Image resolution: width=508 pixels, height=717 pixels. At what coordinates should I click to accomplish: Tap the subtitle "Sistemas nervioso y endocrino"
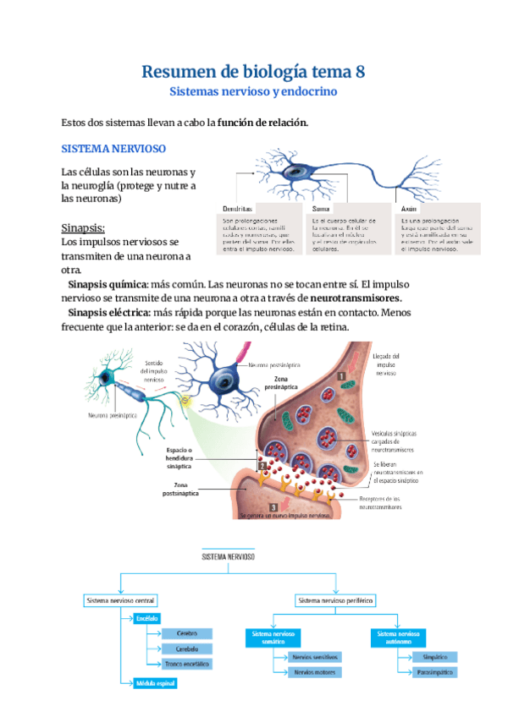coord(253,90)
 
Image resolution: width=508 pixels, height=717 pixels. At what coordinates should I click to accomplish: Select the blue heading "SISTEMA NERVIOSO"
coord(112,148)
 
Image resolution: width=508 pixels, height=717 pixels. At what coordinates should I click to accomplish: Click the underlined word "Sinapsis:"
coord(83,228)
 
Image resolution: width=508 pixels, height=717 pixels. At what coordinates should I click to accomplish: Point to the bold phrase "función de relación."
coord(262,123)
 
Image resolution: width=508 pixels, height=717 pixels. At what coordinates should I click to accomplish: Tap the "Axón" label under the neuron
coord(409,207)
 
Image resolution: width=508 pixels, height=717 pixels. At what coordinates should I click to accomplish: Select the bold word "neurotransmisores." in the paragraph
coord(356,298)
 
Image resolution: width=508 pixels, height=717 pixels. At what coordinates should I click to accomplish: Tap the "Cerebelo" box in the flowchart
coord(187,649)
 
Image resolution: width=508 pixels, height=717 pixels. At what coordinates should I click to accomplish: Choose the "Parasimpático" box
coord(435,672)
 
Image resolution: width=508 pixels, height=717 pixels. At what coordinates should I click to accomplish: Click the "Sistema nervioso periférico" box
coord(335,599)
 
